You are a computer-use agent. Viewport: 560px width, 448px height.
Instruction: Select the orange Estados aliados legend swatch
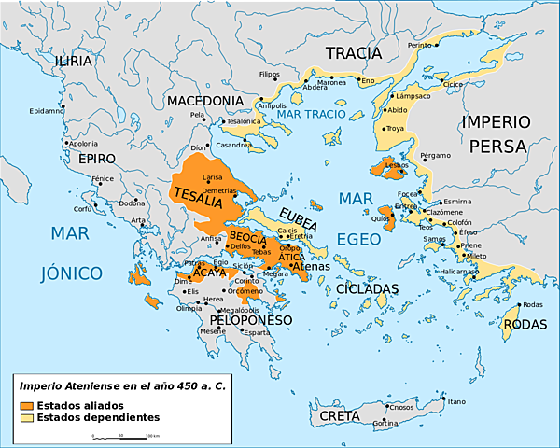[27, 405]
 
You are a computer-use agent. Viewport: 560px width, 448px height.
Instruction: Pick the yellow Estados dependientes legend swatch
[27, 417]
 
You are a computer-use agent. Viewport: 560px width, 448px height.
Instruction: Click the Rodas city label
[532, 305]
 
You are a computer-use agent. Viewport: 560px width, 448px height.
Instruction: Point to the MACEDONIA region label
[205, 101]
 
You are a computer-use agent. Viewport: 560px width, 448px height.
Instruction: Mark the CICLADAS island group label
[368, 289]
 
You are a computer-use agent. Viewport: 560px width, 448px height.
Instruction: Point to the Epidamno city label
[47, 110]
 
